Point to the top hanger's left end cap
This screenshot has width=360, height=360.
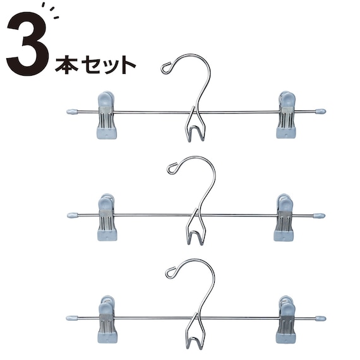point(71,112)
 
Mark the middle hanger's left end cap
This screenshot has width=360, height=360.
point(72,215)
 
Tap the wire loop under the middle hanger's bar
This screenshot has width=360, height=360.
point(195,234)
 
